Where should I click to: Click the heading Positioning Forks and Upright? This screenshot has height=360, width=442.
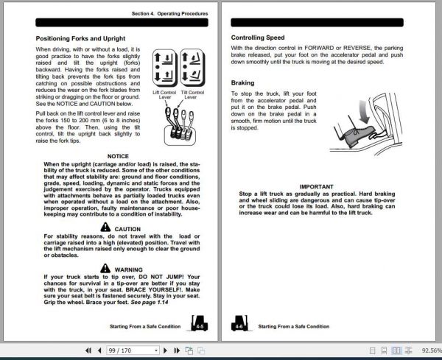coord(80,38)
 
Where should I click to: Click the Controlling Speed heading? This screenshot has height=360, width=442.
coord(258,38)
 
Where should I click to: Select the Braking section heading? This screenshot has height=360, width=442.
coord(242,82)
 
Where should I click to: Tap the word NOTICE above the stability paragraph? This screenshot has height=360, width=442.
coord(118,156)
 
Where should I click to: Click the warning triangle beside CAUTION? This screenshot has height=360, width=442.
coord(105,227)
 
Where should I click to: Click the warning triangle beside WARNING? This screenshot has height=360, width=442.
coord(105,268)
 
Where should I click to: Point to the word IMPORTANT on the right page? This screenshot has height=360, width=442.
coord(316,187)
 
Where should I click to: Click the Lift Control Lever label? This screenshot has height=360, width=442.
coord(164,95)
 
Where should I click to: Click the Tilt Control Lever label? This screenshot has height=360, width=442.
coord(192,95)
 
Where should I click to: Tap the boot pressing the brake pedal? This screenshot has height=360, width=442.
coord(358,136)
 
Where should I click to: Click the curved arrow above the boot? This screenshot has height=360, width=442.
coord(364,112)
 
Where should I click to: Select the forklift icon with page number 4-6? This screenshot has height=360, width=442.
coord(240,323)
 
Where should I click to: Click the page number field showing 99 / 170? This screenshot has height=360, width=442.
coord(133,350)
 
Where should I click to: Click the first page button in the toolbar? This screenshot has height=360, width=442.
coord(88,350)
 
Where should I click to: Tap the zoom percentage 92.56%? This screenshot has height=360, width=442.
coord(431,350)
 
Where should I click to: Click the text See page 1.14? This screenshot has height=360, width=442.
coord(150,303)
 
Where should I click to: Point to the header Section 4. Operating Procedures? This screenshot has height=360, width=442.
coord(169,13)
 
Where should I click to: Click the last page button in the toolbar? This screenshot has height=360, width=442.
coord(177,350)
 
